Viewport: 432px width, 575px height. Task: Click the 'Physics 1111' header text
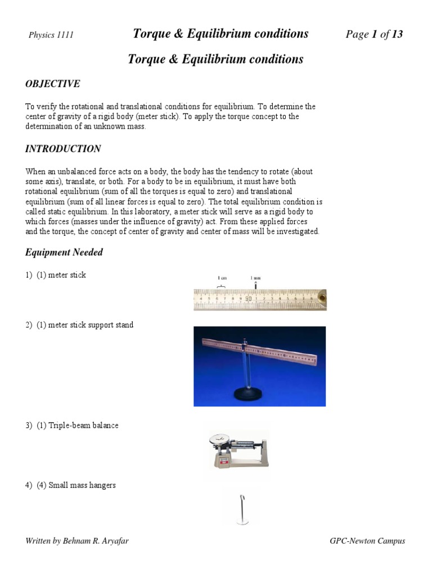point(51,35)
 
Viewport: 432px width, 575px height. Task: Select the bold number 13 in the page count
point(397,34)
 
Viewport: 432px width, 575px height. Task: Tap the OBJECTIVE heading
point(52,84)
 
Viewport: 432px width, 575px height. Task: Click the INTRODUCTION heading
point(63,149)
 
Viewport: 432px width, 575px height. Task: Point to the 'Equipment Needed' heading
point(64,253)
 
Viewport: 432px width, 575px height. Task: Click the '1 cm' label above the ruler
point(223,278)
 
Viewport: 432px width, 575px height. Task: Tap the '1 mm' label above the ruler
point(255,278)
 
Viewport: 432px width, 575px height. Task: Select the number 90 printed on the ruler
point(248,299)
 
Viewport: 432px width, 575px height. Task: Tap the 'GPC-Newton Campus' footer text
point(367,541)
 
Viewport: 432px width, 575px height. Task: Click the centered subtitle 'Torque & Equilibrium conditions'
point(216,59)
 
